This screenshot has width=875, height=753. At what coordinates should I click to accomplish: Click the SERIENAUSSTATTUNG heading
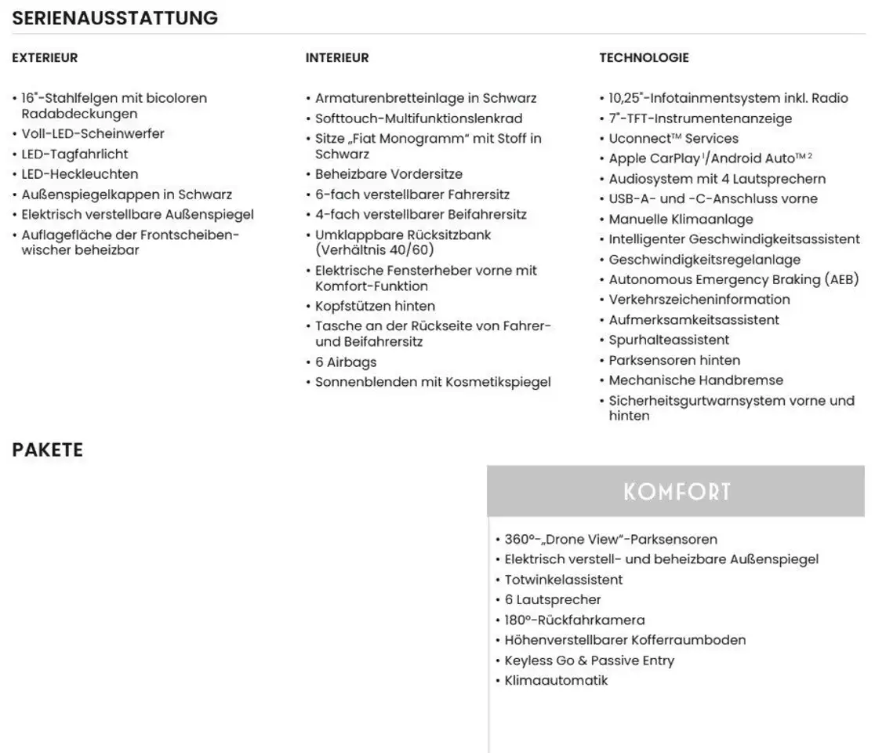coord(115,17)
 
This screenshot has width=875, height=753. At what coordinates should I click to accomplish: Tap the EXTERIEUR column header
coord(45,58)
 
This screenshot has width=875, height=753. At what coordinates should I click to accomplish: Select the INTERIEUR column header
coord(337,58)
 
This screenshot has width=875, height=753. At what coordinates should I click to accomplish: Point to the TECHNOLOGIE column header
coord(644,58)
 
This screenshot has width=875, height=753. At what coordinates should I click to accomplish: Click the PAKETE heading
coord(47,450)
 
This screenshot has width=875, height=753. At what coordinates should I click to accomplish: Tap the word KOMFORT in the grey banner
coord(677,492)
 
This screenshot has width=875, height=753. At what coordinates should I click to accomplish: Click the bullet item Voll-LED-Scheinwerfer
coord(93,134)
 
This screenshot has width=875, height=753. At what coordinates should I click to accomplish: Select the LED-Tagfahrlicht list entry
coord(74,155)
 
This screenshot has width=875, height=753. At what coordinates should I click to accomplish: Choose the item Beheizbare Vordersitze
coord(388,174)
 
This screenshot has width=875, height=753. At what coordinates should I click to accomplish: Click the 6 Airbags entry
coord(345,362)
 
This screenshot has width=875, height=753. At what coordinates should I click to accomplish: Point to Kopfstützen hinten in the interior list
coord(375,306)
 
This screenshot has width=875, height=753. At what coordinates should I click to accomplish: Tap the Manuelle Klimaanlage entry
coord(681,220)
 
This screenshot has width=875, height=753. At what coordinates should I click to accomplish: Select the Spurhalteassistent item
coord(669,340)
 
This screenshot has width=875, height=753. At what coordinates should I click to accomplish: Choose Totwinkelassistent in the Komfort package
coord(563,580)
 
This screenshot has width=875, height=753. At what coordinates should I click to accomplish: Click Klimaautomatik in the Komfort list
coord(556,680)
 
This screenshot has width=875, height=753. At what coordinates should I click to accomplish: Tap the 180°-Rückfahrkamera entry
coord(574,620)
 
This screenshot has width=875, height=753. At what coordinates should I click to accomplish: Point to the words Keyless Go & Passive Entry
coord(589,660)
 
